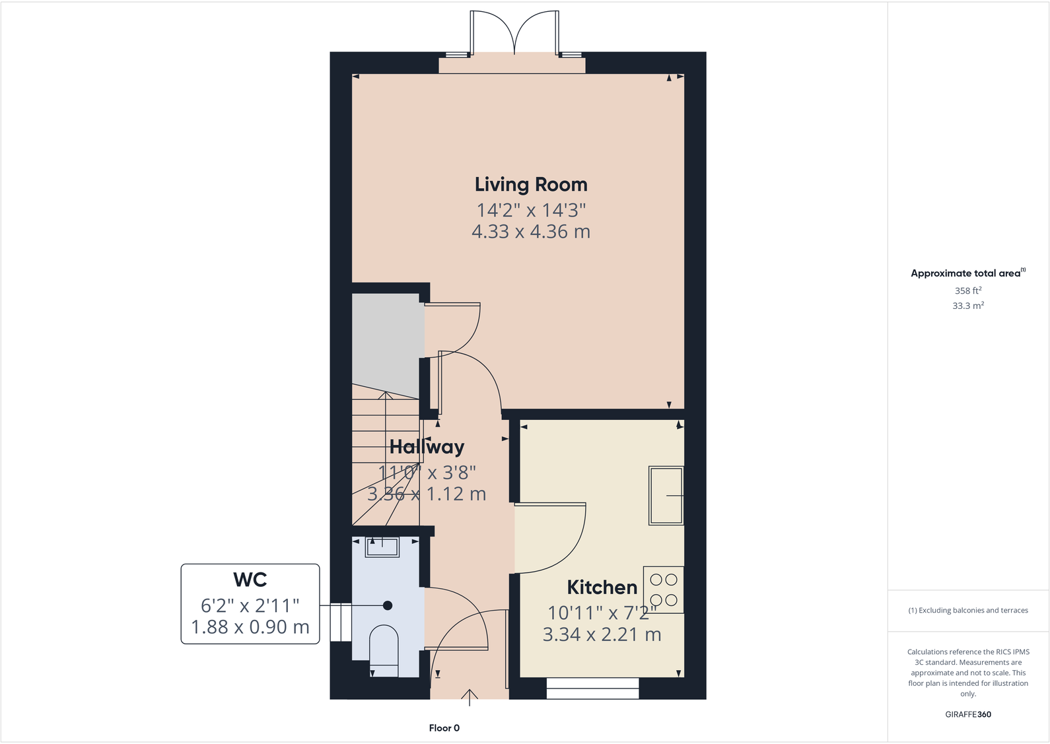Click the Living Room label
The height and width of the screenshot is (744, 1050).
531,185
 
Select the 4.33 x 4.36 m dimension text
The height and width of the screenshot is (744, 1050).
531,232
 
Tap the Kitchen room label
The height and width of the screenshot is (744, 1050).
602,587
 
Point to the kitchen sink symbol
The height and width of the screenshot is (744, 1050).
666,495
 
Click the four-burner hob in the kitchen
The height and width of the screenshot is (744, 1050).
664,590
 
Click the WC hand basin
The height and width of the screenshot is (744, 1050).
382,547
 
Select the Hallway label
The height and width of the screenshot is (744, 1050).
427,447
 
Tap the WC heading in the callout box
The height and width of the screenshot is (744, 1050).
250,580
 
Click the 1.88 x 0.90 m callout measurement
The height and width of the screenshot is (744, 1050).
250,627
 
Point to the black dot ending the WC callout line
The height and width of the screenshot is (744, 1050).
388,605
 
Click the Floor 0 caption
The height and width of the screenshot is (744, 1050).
444,728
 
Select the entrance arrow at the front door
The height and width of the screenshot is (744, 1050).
470,697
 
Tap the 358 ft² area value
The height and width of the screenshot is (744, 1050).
967,290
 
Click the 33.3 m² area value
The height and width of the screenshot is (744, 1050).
967,306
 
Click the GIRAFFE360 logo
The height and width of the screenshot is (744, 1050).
967,714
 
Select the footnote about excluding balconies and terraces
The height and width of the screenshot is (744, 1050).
967,611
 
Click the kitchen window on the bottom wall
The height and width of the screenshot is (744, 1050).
592,689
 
